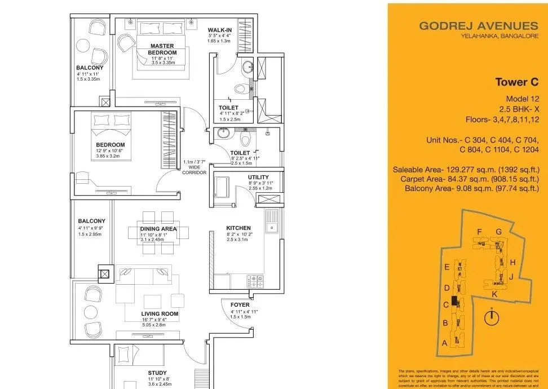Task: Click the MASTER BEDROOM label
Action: pyautogui.click(x=162, y=49)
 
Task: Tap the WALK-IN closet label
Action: pyautogui.click(x=219, y=30)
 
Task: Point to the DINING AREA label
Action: pyautogui.click(x=158, y=229)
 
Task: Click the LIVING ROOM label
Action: pyautogui.click(x=160, y=313)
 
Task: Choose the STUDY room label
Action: pyautogui.click(x=157, y=372)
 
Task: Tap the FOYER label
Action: pyautogui.click(x=240, y=305)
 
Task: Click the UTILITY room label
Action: pyautogui.click(x=258, y=177)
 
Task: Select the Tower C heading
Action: pyautogui.click(x=513, y=82)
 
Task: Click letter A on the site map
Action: pyautogui.click(x=444, y=343)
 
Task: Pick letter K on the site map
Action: pyautogui.click(x=494, y=294)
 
